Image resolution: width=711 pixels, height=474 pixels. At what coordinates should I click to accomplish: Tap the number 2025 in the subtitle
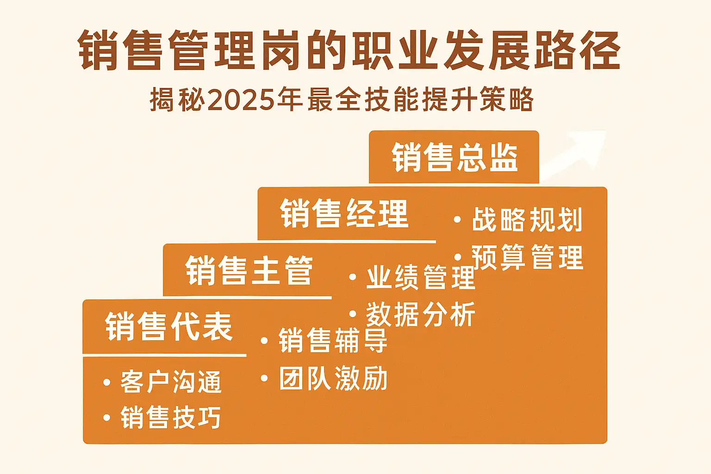click(x=241, y=100)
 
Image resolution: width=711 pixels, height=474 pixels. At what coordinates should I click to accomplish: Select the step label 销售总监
click(x=455, y=157)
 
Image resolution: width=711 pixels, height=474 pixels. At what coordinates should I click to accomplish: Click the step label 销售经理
click(x=344, y=213)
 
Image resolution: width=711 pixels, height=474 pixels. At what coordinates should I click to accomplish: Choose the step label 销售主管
click(x=249, y=270)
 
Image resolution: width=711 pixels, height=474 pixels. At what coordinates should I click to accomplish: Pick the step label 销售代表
click(x=169, y=327)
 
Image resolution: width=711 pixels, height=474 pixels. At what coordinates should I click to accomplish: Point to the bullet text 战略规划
click(x=527, y=219)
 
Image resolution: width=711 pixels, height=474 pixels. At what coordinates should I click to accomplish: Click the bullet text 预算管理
click(x=527, y=257)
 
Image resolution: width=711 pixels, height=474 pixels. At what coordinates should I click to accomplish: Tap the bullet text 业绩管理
click(x=421, y=277)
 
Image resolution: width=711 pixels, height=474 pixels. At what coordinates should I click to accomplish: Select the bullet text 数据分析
click(x=421, y=314)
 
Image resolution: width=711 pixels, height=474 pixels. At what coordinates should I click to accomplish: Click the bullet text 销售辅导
click(x=333, y=341)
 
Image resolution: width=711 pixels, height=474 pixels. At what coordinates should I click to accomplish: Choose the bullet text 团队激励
click(x=333, y=378)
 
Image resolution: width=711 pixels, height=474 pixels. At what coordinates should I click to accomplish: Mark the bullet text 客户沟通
click(x=171, y=382)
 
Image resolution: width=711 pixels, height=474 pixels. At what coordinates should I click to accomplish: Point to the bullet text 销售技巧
click(x=171, y=418)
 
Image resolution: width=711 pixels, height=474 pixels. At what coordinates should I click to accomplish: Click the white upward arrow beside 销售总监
click(x=573, y=155)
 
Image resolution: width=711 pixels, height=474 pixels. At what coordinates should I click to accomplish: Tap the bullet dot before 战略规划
click(x=457, y=219)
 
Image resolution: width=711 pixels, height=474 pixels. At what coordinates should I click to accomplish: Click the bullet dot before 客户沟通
click(x=106, y=382)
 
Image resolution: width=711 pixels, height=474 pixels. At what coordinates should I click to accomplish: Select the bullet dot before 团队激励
click(x=264, y=378)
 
